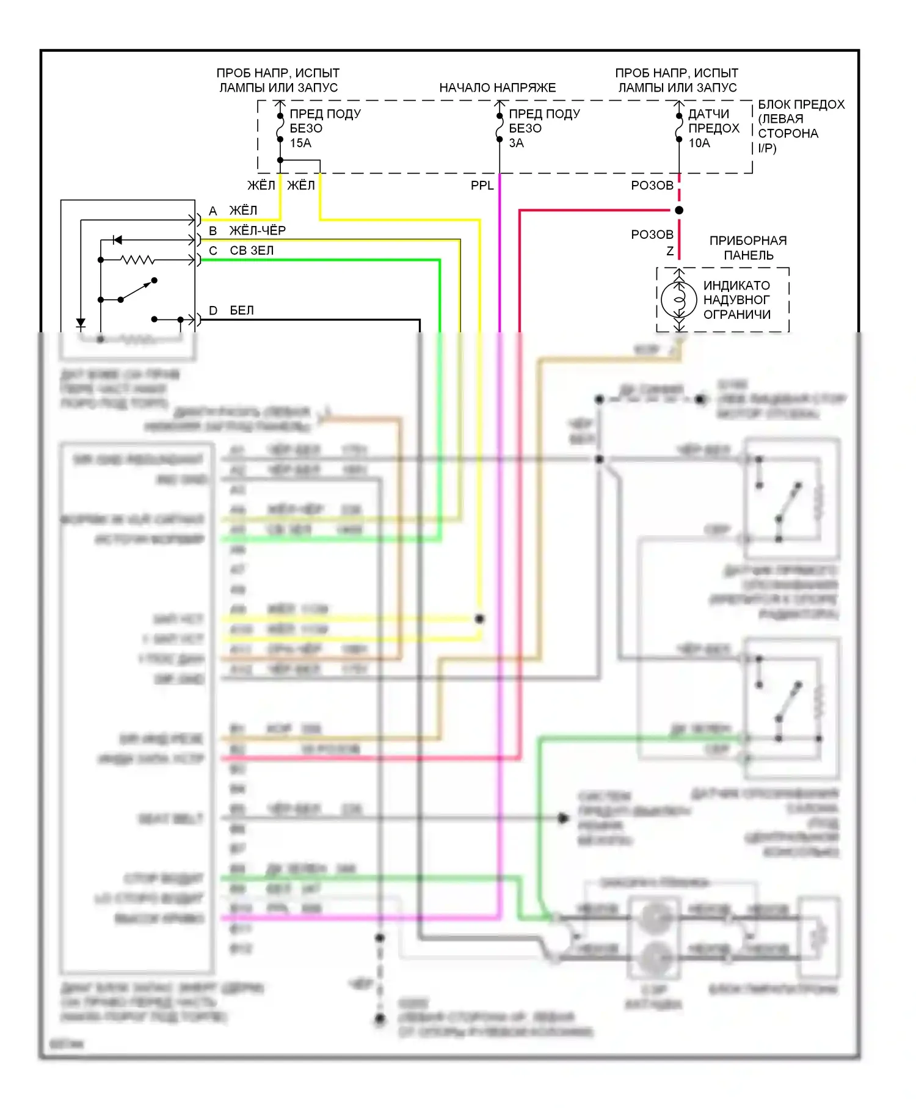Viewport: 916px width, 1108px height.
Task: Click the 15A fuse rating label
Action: point(300,143)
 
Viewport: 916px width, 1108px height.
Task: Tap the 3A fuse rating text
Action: point(517,143)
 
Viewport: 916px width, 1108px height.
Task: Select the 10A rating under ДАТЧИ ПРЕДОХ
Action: point(699,143)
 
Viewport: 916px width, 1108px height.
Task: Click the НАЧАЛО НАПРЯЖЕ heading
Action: point(498,87)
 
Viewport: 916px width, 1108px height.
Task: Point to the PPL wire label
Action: point(482,185)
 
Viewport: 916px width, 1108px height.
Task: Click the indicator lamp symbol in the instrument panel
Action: point(678,299)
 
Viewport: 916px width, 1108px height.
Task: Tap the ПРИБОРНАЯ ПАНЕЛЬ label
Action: point(748,248)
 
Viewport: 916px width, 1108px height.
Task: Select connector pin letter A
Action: point(213,211)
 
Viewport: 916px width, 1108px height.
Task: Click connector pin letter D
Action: point(213,310)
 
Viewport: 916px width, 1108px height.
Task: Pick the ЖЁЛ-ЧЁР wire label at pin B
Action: point(257,230)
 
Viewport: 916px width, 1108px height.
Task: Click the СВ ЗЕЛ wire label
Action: point(252,250)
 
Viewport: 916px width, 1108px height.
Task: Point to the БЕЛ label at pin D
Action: point(242,310)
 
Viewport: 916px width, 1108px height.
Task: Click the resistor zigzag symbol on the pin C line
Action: point(138,260)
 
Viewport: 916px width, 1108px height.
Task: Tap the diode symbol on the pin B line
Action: point(117,239)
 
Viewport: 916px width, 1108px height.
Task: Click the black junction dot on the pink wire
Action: point(679,210)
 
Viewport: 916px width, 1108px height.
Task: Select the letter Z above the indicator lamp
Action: point(670,251)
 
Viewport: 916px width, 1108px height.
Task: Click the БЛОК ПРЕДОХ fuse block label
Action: point(801,126)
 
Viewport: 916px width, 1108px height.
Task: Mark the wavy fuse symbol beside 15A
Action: point(280,128)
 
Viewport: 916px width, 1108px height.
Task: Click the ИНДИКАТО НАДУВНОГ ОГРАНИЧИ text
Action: point(736,300)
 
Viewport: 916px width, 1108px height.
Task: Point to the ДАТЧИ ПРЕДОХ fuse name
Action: point(713,121)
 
